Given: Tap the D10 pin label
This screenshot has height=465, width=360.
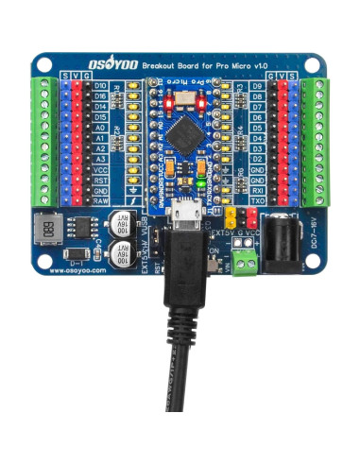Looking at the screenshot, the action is [x=100, y=86].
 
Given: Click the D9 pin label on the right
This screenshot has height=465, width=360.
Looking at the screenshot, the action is [x=257, y=86].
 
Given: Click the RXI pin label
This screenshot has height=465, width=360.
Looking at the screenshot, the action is [x=257, y=189].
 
